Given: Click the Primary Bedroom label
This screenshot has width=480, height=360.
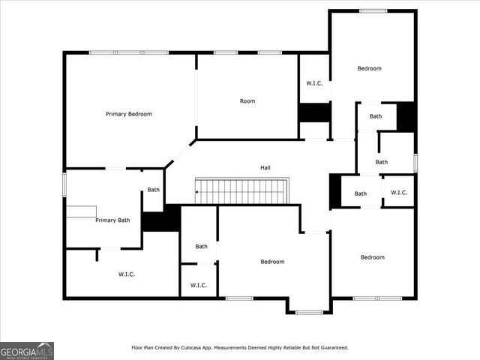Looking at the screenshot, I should [x=129, y=114].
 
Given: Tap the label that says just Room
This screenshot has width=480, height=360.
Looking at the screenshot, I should [x=247, y=101].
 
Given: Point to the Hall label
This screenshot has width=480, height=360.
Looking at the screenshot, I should [x=265, y=168].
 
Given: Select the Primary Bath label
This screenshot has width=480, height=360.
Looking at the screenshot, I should [x=112, y=220].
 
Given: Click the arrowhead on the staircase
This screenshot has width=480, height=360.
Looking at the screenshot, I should [x=197, y=192].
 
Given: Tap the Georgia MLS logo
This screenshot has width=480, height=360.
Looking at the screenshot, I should [x=27, y=350].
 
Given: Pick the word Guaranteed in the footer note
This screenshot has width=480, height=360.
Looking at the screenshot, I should [x=330, y=348].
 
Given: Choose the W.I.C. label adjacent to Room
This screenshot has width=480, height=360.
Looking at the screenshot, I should [x=314, y=83].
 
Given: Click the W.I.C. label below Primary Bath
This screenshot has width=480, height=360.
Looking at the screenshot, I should [x=126, y=274].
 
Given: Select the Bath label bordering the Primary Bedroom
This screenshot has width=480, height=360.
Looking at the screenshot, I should [x=154, y=190].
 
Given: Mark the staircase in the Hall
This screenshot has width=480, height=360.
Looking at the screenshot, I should [x=242, y=191].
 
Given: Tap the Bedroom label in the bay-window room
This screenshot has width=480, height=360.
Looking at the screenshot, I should [x=272, y=262].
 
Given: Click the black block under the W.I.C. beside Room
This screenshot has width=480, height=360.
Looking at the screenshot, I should [x=314, y=112].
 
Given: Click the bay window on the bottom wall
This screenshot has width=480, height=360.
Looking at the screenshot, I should [x=309, y=312].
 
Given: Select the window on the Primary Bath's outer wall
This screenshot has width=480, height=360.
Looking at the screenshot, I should [x=64, y=184].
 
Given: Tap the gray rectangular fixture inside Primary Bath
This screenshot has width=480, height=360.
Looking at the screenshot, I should [x=81, y=211].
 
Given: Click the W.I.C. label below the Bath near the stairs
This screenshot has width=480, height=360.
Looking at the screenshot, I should [x=199, y=286].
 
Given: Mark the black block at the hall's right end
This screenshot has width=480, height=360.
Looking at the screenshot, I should [x=334, y=191].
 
